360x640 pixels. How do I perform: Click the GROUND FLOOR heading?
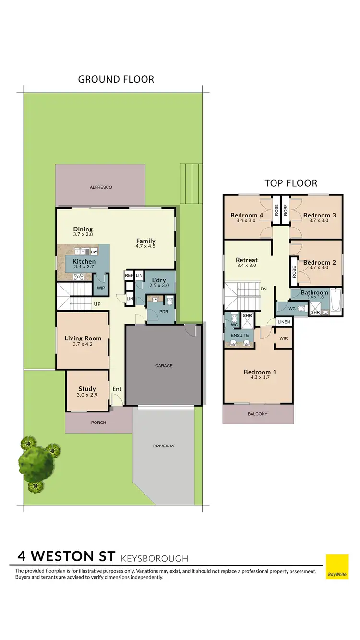[x=116, y=79]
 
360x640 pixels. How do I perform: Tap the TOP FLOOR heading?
[x=291, y=183]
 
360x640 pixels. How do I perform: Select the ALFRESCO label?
[x=100, y=187]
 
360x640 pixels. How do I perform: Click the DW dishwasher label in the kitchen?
[x=94, y=252]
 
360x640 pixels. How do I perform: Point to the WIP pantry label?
[x=101, y=288]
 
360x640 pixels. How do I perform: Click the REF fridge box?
[x=129, y=276]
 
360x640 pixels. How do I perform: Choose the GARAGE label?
[x=164, y=366]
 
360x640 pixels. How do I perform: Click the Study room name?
[x=87, y=389]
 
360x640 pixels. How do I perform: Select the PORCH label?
[x=98, y=423]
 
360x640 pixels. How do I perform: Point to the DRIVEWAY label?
[x=164, y=446]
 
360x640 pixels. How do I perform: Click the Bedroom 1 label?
[x=260, y=372]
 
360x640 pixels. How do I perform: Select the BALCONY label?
[x=257, y=414]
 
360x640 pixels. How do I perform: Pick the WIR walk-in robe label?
[x=283, y=338]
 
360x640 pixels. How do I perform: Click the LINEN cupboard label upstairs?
[x=283, y=321]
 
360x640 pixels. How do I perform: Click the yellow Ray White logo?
[x=337, y=566]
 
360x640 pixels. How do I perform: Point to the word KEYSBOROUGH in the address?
[x=155, y=558]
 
